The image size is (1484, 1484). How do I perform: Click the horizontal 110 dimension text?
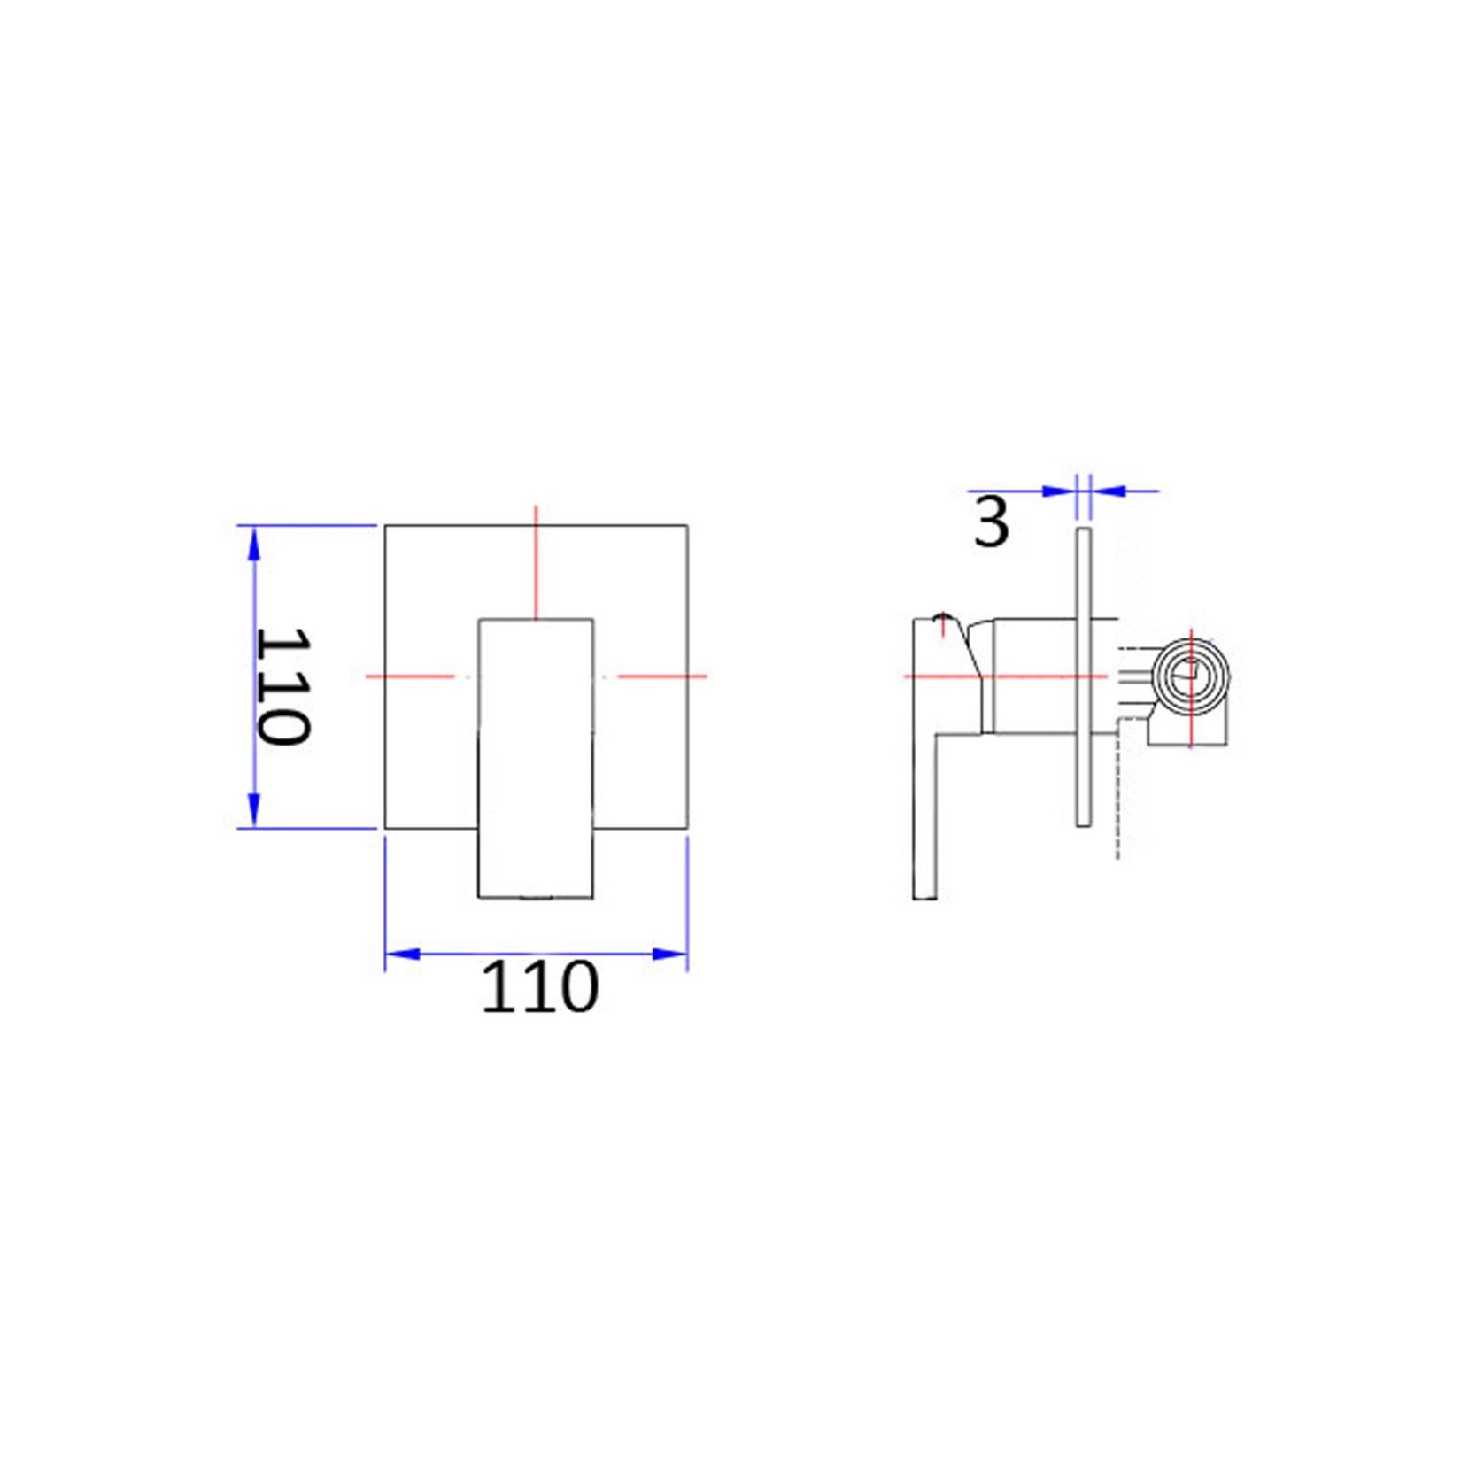click(x=539, y=987)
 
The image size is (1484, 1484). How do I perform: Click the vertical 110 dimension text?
click(x=282, y=686)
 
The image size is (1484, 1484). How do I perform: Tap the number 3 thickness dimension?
click(x=991, y=522)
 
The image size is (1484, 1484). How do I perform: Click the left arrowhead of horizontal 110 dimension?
click(x=403, y=954)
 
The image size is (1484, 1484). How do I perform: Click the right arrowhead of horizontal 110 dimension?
click(x=669, y=954)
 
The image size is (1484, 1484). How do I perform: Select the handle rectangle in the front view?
click(x=536, y=757)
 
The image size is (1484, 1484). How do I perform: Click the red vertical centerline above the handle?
click(x=536, y=562)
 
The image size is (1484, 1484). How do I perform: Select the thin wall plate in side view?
click(x=1083, y=677)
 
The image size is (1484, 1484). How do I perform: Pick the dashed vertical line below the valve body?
click(x=1117, y=797)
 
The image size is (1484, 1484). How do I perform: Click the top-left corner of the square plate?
click(x=385, y=526)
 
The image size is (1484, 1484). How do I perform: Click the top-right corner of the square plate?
click(x=688, y=526)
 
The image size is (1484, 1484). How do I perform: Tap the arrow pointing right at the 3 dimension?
click(x=1059, y=491)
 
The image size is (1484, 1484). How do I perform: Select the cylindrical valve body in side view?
click(x=1032, y=676)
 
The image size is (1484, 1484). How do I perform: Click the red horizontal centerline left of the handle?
click(x=416, y=676)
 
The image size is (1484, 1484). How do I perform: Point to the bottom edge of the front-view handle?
click(x=536, y=898)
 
